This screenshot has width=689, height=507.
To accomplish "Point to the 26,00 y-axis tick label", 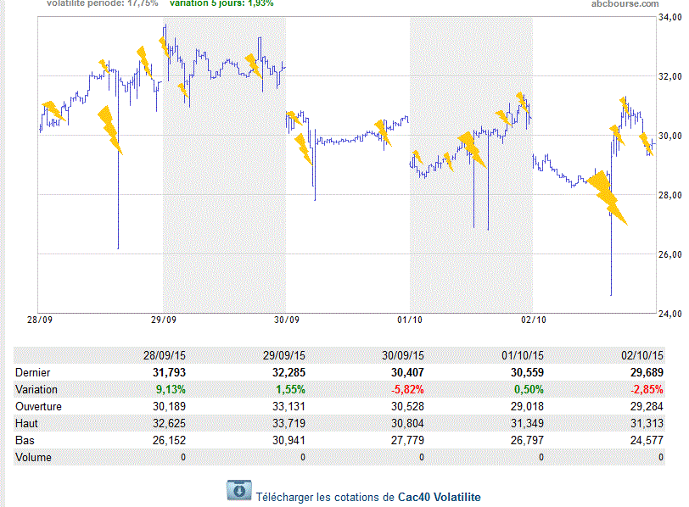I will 671,255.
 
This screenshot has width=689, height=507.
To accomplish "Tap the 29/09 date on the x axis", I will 163,320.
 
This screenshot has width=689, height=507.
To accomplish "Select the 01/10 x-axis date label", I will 410,320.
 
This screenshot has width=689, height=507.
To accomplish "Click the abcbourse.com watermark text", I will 626,4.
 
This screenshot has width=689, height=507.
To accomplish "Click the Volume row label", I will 34,457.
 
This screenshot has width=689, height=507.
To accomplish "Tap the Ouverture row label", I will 40,406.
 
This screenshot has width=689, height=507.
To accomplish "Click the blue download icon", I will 238,490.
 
